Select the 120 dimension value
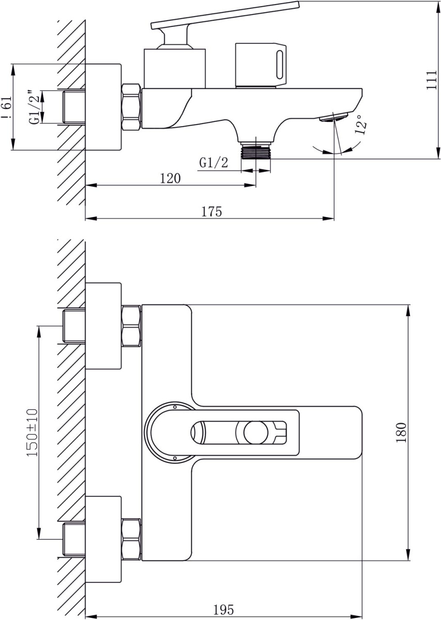(x=170, y=178)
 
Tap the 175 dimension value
(x=211, y=211)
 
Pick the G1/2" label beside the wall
(x=35, y=107)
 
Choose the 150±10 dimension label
(x=32, y=432)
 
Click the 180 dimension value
(x=402, y=432)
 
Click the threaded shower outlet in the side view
(x=257, y=151)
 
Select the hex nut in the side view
(x=132, y=106)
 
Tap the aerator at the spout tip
(x=332, y=118)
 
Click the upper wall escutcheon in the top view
(x=103, y=326)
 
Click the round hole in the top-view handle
(x=254, y=432)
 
